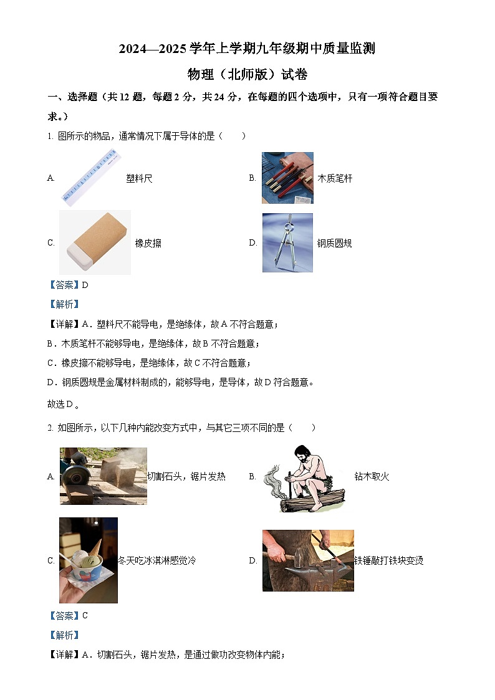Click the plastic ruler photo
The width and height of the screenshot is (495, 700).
click(91, 177)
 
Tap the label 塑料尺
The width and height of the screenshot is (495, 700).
click(139, 178)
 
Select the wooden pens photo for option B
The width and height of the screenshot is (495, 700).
click(287, 178)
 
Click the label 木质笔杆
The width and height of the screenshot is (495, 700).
click(335, 178)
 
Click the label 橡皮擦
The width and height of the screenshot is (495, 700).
click(148, 243)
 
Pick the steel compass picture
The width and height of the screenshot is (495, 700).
click(287, 242)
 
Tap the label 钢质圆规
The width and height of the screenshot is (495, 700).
click(334, 243)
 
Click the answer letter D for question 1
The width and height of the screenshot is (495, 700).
click(85, 285)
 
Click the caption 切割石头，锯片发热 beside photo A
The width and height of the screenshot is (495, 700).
click(186, 477)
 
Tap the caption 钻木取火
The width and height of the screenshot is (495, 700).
click(372, 477)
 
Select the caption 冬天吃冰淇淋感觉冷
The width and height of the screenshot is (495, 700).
click(156, 561)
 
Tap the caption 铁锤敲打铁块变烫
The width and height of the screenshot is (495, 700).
click(389, 561)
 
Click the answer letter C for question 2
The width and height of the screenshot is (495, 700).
click(85, 616)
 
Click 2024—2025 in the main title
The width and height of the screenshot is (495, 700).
click(152, 49)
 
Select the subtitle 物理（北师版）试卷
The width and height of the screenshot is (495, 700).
click(247, 74)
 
